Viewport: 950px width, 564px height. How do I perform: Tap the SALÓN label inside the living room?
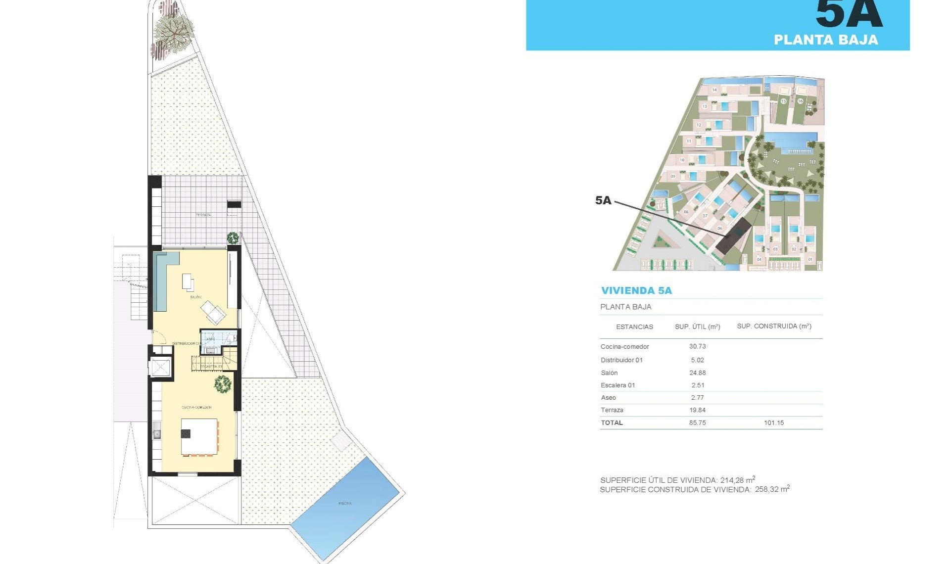click(196, 297)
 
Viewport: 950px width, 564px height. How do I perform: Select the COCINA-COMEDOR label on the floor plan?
click(196, 407)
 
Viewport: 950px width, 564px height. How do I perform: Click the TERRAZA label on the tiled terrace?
click(203, 215)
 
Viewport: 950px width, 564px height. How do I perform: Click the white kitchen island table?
click(199, 437)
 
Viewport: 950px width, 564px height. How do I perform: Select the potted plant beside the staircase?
click(223, 383)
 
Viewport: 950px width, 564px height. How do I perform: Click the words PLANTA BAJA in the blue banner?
click(826, 40)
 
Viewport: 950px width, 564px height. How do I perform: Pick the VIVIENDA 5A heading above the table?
click(636, 290)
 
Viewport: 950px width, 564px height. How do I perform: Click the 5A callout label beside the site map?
click(603, 200)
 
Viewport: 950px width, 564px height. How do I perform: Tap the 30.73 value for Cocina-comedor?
click(697, 346)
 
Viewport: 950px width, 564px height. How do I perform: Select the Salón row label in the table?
click(609, 373)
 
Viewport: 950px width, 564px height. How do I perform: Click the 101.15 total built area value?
click(774, 423)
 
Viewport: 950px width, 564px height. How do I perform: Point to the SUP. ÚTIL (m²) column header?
click(697, 327)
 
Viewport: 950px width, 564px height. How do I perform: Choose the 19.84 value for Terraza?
click(697, 410)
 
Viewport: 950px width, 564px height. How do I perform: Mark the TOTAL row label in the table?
click(612, 423)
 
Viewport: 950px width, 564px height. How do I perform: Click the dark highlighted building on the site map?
click(735, 237)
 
